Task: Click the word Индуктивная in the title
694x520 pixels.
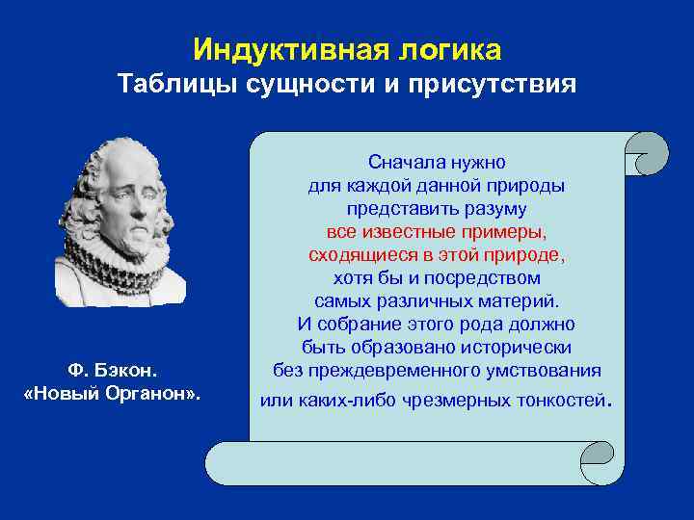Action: coord(287,48)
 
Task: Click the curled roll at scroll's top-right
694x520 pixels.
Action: coord(645,153)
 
